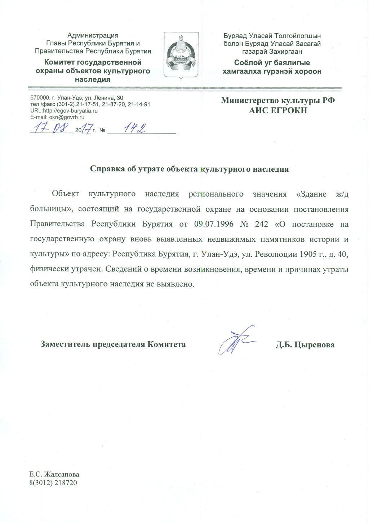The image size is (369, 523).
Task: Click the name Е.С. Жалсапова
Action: pos(54,475)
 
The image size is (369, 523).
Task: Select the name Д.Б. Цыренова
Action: pos(305,345)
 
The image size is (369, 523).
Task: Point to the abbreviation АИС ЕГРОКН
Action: pos(278,111)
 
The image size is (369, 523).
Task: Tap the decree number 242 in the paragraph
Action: pos(262,224)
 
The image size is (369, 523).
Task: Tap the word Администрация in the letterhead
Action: pos(93,35)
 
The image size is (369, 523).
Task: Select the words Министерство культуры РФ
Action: pos(278,100)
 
